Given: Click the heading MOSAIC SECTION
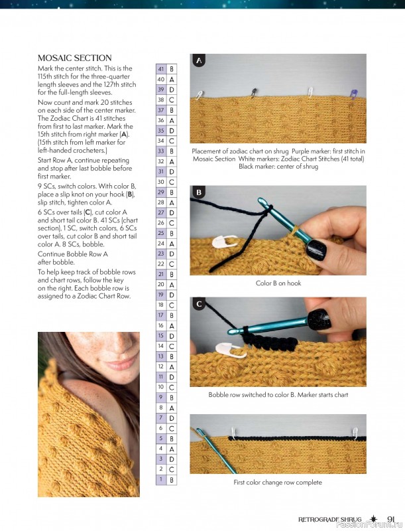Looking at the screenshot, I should [74, 58].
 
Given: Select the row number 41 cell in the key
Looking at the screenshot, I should [161, 69].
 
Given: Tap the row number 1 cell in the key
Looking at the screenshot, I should [161, 479].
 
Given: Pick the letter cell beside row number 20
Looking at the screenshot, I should [172, 284].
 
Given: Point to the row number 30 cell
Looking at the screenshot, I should [161, 182].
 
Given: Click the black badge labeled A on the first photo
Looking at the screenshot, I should [198, 61].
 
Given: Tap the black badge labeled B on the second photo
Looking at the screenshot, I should [198, 192].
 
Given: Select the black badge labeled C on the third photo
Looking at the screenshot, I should [198, 304].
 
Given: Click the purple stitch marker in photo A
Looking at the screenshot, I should [353, 94].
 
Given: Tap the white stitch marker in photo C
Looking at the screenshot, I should [223, 350].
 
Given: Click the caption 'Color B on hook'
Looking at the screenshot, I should [278, 283].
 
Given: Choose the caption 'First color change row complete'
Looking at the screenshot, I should [278, 483].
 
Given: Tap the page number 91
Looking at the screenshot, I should [391, 519].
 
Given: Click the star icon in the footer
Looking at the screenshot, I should [375, 519].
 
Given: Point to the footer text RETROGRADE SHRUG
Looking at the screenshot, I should [331, 520].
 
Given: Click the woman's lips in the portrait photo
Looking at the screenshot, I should [119, 364].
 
